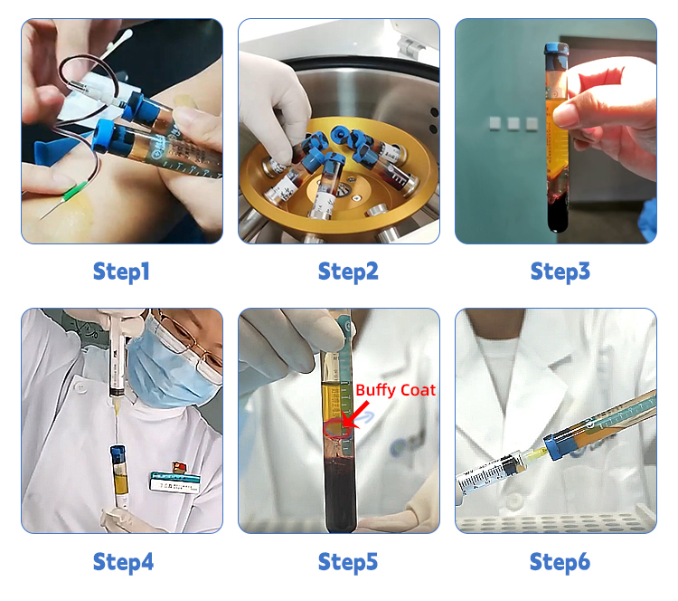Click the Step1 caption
tap(121, 272)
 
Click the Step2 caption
tap(348, 272)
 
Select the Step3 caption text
tap(560, 272)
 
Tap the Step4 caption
tap(123, 562)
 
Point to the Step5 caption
tap(348, 562)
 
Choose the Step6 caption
tap(560, 562)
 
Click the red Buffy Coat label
tap(395, 391)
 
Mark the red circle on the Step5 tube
tap(336, 429)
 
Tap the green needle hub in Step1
tap(74, 190)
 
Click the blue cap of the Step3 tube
tap(557, 54)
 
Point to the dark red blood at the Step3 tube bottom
tap(558, 212)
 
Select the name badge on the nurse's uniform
tap(175, 481)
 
